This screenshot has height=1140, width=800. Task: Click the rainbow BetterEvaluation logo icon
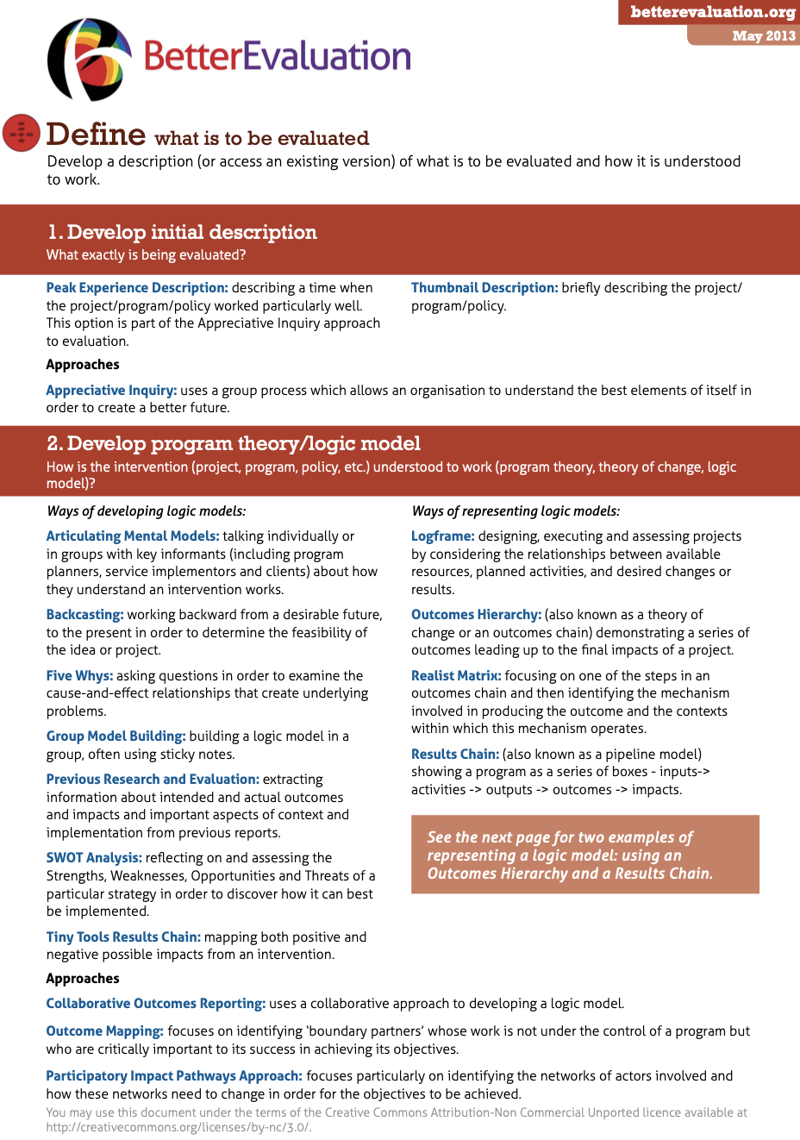(89, 59)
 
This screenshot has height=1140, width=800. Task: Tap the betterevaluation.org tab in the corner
(712, 12)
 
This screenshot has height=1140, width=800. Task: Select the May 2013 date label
(763, 36)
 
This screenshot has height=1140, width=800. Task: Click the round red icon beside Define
(21, 133)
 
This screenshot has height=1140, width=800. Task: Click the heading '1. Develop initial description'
(182, 232)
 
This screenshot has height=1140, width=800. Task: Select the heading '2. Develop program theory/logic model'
(234, 443)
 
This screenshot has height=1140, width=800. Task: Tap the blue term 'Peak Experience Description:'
(137, 288)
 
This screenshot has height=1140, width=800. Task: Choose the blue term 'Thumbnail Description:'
(484, 288)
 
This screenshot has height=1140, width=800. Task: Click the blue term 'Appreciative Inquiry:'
(111, 391)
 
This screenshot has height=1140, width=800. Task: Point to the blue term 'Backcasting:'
(84, 615)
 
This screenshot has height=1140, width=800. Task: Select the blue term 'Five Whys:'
(79, 676)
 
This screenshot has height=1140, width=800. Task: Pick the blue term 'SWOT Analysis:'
(94, 858)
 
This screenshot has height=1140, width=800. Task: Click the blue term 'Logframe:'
(442, 536)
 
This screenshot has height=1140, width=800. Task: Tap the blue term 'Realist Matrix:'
(456, 676)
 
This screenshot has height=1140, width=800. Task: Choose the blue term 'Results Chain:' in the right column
(455, 755)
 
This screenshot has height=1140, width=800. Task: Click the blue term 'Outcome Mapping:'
(104, 1031)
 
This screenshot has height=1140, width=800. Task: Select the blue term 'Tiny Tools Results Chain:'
(123, 937)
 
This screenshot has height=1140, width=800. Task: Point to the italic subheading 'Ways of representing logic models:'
(516, 511)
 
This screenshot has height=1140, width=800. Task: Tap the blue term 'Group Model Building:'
(116, 736)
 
